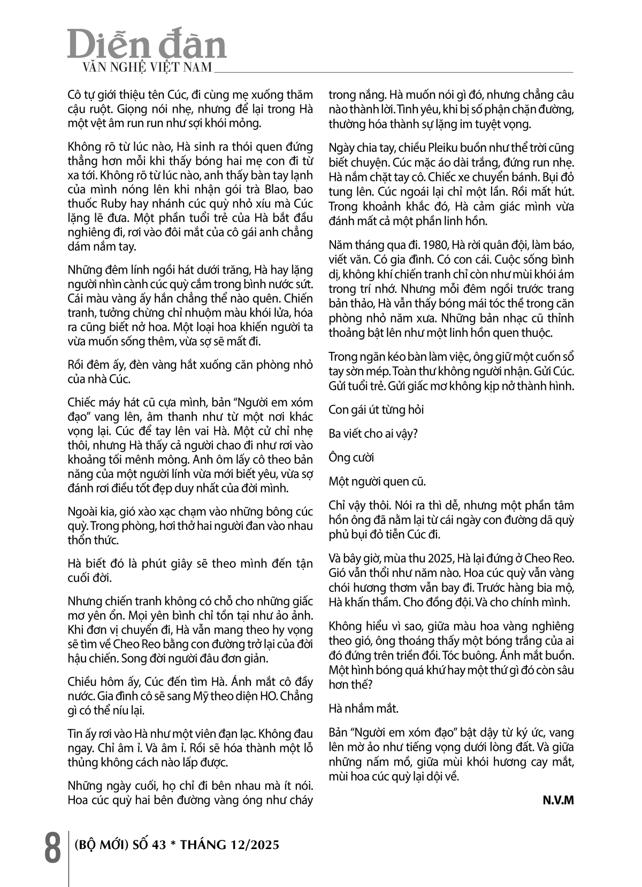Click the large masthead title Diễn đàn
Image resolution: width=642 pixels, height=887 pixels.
tap(147, 45)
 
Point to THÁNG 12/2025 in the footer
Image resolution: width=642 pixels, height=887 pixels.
tap(230, 845)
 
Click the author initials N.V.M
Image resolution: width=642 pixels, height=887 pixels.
tap(558, 800)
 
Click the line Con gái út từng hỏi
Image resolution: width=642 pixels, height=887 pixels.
tap(376, 410)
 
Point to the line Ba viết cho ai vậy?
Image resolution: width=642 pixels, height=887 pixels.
tap(373, 434)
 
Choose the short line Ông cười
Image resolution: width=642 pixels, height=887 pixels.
tap(351, 458)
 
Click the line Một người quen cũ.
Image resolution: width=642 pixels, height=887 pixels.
tap(377, 481)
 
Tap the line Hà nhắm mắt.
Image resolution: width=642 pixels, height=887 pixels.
tap(364, 709)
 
